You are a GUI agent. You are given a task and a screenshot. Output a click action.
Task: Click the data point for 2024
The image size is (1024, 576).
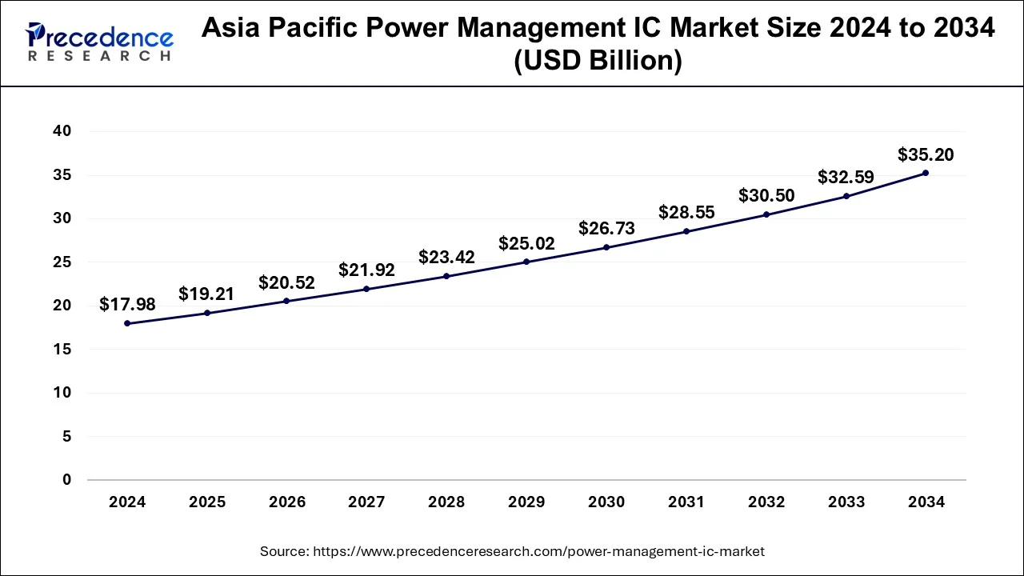pos(127,323)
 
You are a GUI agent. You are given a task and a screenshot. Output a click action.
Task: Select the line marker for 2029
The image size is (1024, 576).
pos(526,262)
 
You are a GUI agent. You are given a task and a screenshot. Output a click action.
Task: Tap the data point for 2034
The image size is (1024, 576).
pos(926,173)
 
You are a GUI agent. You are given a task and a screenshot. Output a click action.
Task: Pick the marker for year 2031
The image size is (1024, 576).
pos(686,231)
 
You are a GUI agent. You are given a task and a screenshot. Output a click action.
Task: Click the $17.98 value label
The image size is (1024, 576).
pos(127,304)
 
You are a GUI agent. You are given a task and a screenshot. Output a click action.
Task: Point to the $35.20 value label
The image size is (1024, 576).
pos(926,154)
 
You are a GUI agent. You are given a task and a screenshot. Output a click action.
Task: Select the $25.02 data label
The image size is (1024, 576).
pos(526,243)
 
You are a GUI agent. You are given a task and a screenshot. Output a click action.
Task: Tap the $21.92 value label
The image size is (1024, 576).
pos(366,270)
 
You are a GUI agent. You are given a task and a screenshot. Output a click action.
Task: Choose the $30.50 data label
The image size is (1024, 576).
pos(766,195)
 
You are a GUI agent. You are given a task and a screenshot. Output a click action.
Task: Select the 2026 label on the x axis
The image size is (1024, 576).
pos(287,502)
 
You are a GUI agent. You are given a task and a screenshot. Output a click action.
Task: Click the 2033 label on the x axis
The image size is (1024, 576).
pos(846,502)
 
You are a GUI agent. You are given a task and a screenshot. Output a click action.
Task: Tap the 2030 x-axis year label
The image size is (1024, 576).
pos(606,502)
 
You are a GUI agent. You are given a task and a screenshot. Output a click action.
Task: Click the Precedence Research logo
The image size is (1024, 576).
pos(99,42)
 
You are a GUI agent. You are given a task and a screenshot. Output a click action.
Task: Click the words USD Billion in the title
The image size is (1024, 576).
pos(598,61)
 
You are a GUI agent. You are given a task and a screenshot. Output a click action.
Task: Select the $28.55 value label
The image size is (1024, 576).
pos(686,213)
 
